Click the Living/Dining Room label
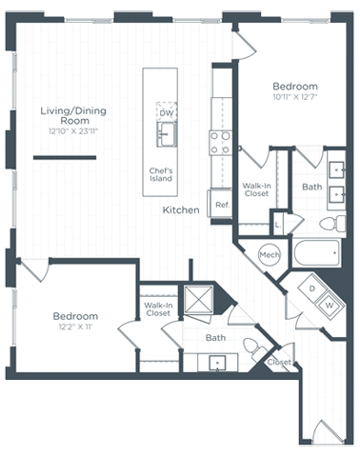73,116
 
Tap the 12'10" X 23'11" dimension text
73,131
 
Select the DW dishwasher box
167,112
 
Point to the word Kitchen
180,210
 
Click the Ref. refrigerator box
222,205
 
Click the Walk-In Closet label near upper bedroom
255,189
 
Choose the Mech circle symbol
269,254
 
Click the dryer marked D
311,287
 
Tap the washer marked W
329,304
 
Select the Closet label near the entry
279,363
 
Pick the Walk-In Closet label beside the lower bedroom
158,308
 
